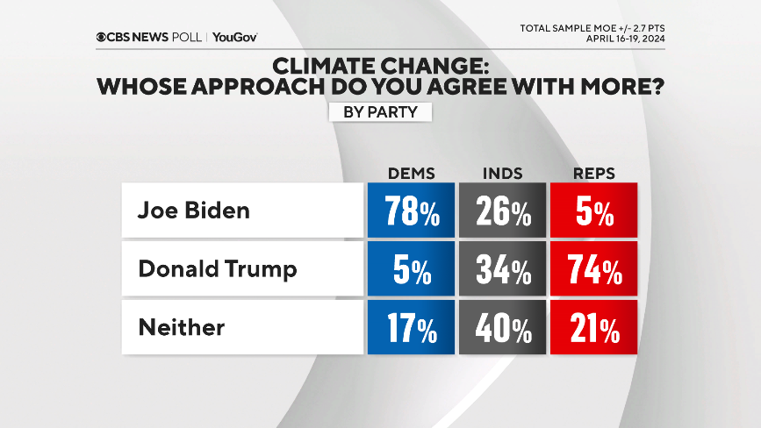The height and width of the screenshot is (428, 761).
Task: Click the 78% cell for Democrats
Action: (411, 210)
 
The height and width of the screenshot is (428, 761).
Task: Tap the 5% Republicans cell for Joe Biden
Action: (594, 210)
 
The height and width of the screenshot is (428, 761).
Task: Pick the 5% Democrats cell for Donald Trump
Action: (411, 269)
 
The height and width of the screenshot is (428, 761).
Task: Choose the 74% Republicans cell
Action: (594, 269)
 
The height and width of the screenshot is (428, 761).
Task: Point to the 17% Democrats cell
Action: (411, 328)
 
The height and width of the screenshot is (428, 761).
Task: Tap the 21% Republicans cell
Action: (594, 328)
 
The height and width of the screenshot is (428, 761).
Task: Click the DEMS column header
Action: (412, 173)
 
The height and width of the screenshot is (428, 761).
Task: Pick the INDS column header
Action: (503, 173)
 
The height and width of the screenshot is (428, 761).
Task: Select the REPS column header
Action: (593, 173)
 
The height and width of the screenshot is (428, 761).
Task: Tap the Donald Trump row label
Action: (218, 269)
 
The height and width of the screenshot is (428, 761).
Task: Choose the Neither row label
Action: (182, 328)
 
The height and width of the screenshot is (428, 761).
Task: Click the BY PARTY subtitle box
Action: (380, 112)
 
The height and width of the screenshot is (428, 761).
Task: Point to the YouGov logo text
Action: (234, 37)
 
